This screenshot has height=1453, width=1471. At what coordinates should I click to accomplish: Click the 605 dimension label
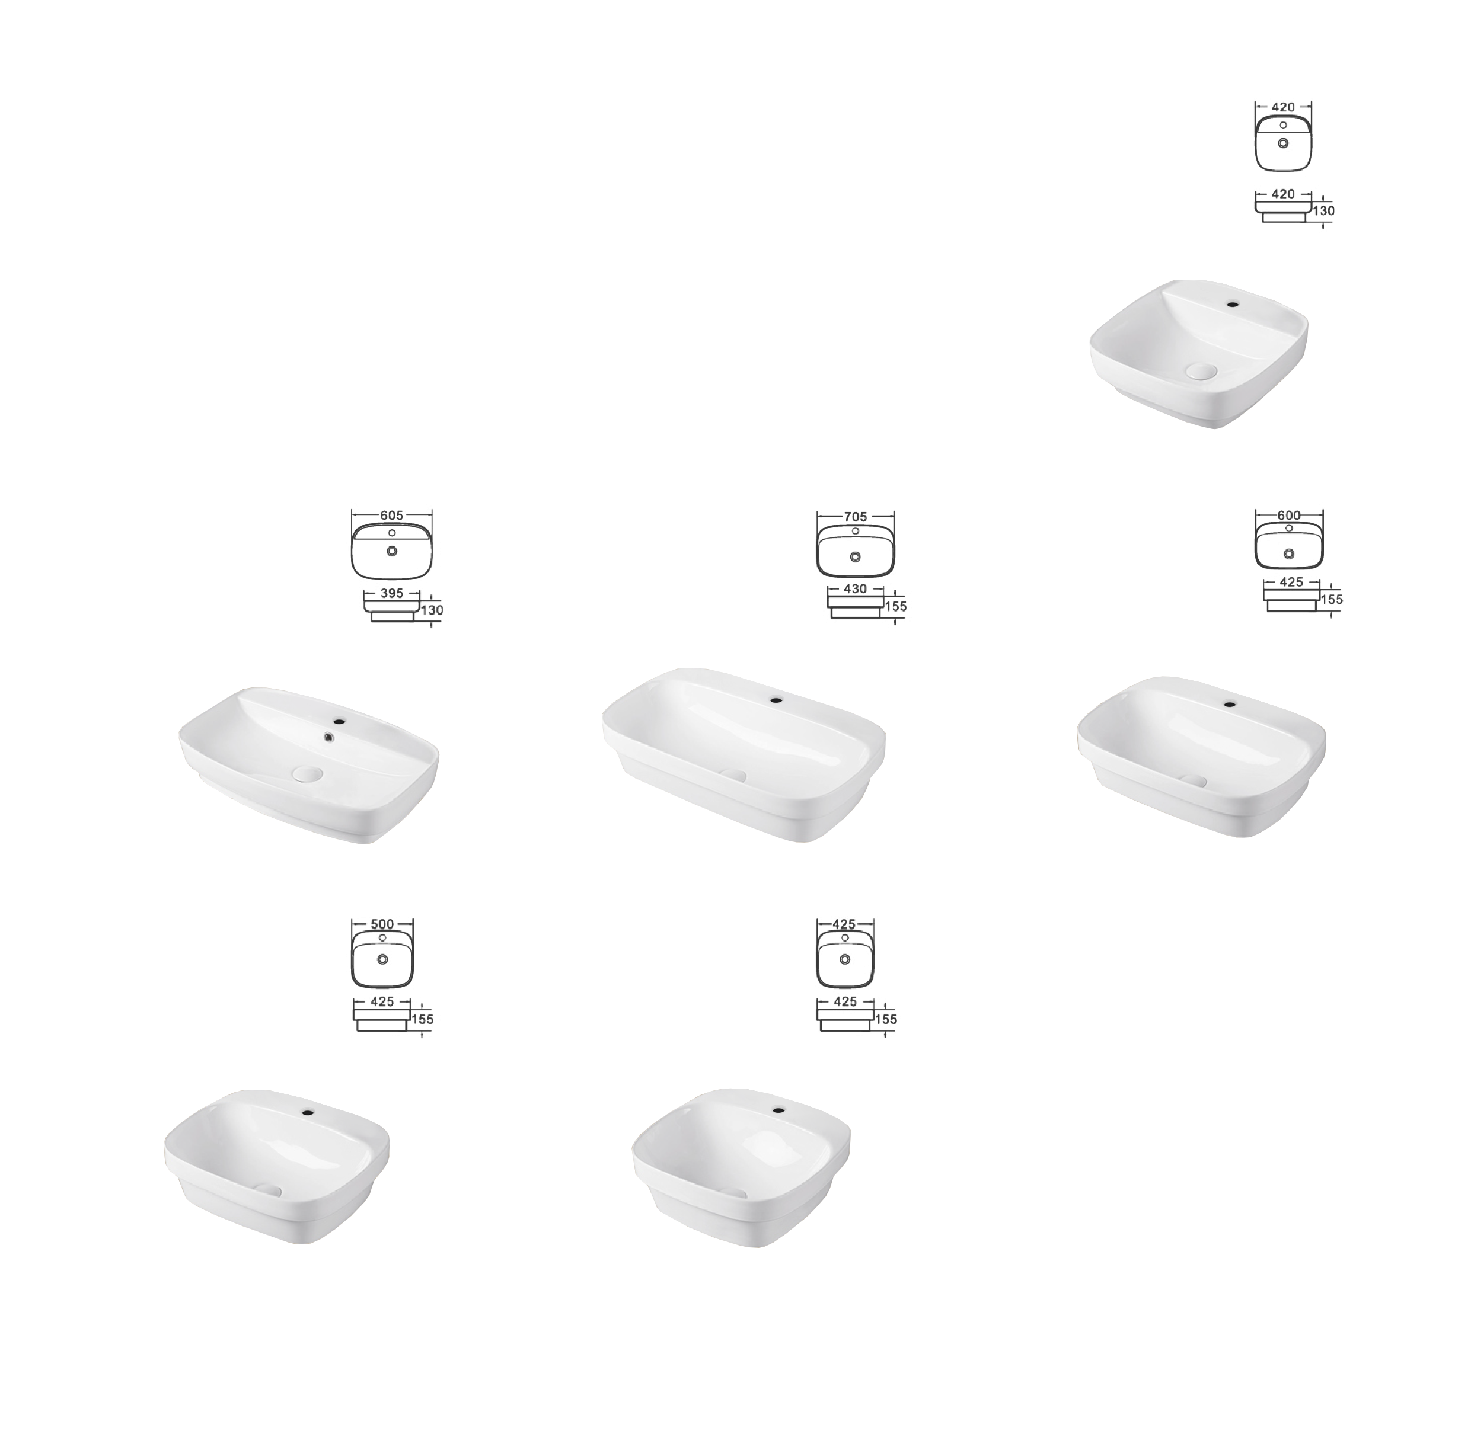(391, 516)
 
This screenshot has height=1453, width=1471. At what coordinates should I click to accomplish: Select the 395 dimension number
(391, 594)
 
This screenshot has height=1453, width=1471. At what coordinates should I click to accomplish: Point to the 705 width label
(855, 517)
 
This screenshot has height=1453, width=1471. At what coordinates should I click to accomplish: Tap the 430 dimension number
(855, 589)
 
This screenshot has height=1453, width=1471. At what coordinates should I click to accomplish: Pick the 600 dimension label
(1289, 516)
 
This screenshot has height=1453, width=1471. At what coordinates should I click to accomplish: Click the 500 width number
(382, 924)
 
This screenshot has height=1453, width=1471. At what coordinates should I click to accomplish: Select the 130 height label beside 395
(432, 610)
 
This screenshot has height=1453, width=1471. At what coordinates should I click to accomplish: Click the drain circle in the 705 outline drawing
(855, 556)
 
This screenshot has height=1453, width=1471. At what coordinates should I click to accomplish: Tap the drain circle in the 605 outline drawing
(391, 551)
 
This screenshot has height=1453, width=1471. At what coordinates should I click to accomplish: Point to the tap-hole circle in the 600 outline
(1289, 528)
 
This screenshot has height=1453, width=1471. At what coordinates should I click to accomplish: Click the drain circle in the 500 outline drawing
(382, 959)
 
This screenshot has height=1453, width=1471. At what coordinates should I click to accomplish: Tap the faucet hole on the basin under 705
(776, 698)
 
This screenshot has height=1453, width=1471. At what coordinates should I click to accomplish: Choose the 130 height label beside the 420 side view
(1323, 211)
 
